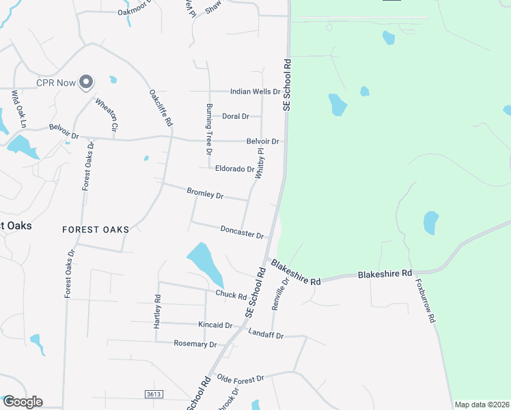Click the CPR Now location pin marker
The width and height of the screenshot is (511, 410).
[85, 83]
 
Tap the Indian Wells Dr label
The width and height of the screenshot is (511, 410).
[255, 92]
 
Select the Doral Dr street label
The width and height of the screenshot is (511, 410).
[235, 117]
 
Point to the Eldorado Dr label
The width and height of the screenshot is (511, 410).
[234, 169]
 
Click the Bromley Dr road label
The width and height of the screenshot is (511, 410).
[205, 195]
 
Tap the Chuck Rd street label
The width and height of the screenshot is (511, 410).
[231, 296]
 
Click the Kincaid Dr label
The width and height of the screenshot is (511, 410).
[216, 325]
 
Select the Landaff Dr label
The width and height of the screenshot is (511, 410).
[266, 335]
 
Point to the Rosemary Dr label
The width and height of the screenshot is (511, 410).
[195, 344]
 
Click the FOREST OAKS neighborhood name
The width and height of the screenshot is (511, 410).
[95, 230]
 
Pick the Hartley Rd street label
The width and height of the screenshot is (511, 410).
[157, 312]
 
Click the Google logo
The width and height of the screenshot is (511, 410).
[23, 402]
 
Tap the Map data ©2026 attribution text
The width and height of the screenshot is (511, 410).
[481, 405]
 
